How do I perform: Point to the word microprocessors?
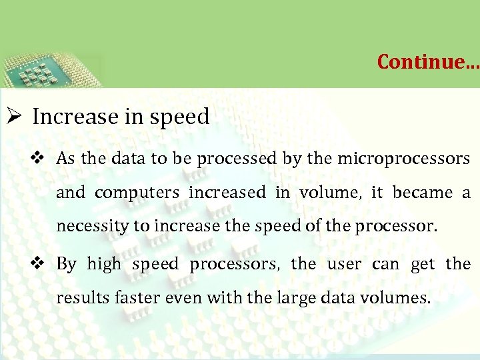tap(404, 159)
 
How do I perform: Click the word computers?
tap(137, 193)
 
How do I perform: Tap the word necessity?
tap(93, 227)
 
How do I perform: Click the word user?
tap(344, 264)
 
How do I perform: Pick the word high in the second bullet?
tap(104, 264)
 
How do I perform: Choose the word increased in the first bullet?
tap(227, 193)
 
